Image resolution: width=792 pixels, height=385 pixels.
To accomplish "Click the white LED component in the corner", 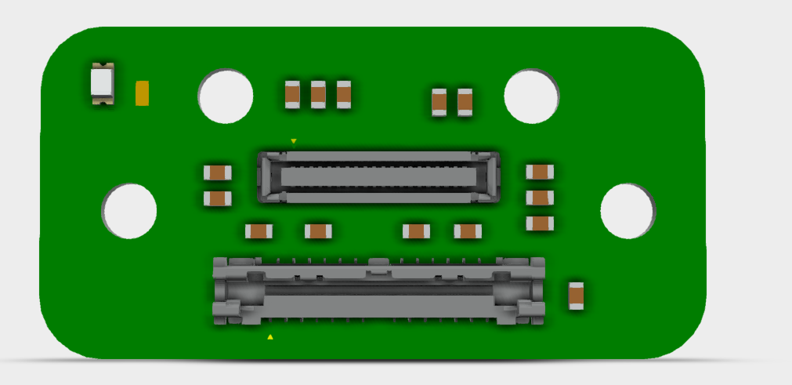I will (103, 82).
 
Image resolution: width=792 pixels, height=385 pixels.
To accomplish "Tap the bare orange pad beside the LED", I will (143, 93).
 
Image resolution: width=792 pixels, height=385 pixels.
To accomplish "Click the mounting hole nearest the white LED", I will (226, 96).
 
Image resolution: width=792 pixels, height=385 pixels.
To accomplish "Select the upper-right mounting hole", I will (531, 96).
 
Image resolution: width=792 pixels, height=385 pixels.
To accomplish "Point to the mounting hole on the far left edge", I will (129, 211).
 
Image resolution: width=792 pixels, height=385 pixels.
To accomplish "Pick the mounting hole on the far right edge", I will (627, 211).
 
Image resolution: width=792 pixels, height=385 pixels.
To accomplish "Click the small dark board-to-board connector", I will (378, 176).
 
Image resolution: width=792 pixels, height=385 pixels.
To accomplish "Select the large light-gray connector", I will (379, 291).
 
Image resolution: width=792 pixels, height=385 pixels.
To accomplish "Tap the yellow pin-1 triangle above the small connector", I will (294, 141).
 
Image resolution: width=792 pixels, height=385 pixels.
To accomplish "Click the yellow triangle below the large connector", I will (270, 337).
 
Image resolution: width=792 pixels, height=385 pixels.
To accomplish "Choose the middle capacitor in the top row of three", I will (318, 95).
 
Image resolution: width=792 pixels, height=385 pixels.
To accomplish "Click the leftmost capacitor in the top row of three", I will (292, 95).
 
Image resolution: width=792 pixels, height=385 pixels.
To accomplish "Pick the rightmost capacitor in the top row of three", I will (344, 95).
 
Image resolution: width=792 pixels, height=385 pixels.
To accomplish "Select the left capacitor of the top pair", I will (439, 102).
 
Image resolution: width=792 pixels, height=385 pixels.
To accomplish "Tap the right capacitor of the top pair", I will (465, 102).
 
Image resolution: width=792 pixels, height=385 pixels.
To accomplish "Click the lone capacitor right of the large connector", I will (577, 295).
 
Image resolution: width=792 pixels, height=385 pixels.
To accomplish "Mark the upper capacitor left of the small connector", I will (217, 173).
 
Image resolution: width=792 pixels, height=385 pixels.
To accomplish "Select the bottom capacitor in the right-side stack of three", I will (540, 223).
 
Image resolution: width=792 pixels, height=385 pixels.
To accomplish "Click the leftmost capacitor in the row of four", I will (259, 231).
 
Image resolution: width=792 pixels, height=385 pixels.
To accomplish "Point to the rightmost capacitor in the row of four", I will (468, 231).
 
